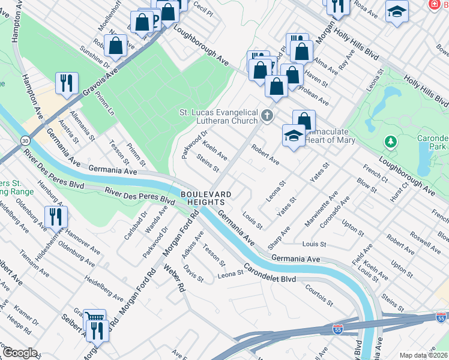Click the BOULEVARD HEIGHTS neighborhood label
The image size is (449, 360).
click(x=206, y=199)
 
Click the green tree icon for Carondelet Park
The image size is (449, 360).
click(x=391, y=142)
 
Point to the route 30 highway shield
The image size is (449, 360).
click(x=25, y=140)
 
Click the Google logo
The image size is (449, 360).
click(x=19, y=353)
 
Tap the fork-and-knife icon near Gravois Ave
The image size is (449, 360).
click(x=66, y=82)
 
